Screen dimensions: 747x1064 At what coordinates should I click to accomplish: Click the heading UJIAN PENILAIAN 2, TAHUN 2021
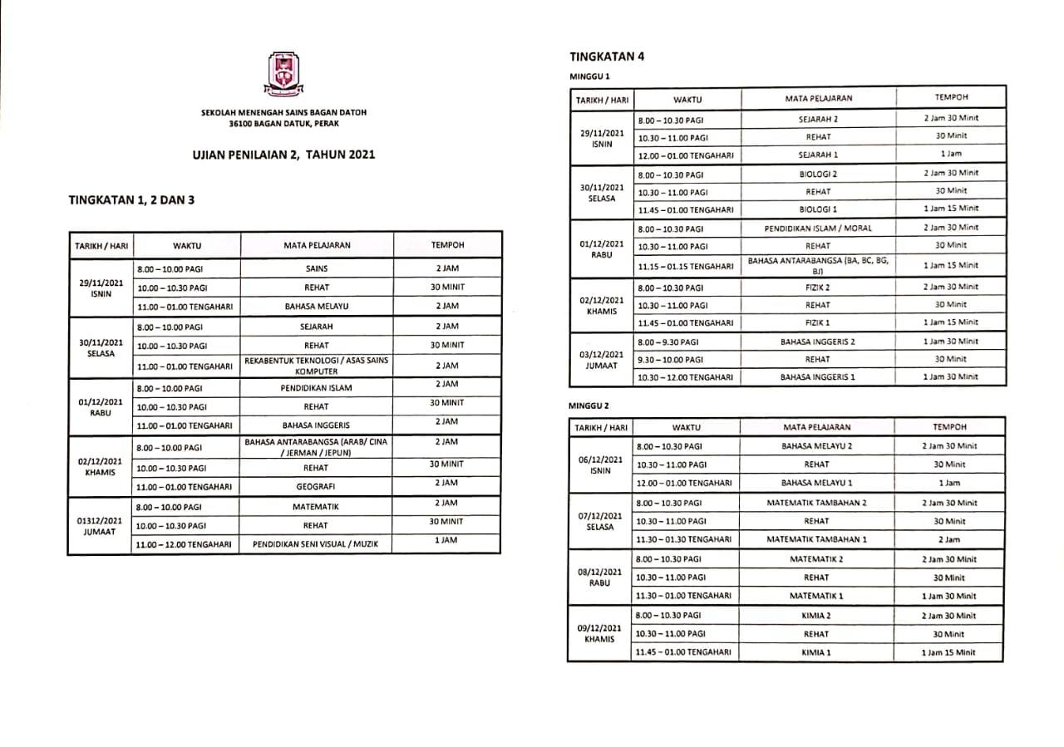(x=283, y=155)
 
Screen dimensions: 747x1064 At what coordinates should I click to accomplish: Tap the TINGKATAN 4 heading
(x=607, y=57)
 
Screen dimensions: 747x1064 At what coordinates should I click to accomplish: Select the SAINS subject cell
(x=317, y=268)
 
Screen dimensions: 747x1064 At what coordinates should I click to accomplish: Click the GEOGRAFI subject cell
(x=317, y=486)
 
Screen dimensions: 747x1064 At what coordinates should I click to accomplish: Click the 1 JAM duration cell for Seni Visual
(x=447, y=540)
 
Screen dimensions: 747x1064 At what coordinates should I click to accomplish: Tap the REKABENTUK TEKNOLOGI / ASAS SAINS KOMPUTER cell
(x=317, y=366)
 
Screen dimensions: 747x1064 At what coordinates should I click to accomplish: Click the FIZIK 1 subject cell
(x=818, y=322)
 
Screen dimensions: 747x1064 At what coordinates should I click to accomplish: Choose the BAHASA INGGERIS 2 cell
(x=818, y=342)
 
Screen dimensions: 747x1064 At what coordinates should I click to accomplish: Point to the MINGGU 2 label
(x=589, y=406)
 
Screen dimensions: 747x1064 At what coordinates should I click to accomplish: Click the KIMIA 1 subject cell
(x=816, y=652)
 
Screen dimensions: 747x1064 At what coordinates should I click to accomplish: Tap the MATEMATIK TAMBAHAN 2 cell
(x=816, y=503)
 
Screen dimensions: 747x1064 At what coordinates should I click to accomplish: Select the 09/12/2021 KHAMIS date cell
(x=599, y=634)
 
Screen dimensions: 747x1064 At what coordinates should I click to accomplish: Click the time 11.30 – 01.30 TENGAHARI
(x=683, y=539)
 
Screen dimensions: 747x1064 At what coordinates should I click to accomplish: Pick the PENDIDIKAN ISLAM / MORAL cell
(x=818, y=228)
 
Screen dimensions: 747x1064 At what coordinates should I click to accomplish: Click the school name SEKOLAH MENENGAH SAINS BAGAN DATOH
(x=283, y=112)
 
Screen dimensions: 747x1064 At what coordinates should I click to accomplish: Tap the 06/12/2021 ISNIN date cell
(x=599, y=464)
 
